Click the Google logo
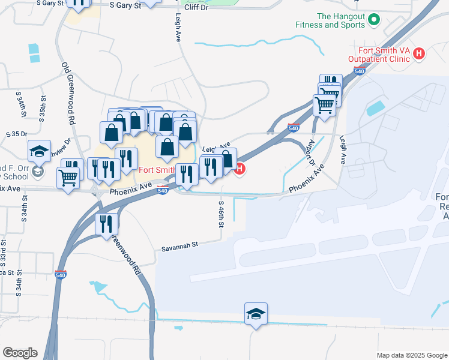coord(20,353)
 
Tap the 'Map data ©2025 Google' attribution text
coord(412,355)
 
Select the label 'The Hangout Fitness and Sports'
coord(330,21)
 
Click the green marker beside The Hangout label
coord(373,20)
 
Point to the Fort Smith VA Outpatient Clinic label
coord(380,54)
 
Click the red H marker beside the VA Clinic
coord(420,54)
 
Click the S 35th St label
coord(43,107)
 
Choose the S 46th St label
coord(220,213)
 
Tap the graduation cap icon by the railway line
coord(256,313)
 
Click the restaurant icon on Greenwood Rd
coord(106,224)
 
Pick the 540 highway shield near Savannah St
coord(61,274)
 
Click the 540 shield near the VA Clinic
coord(359,71)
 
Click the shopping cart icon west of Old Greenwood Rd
coord(68,178)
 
